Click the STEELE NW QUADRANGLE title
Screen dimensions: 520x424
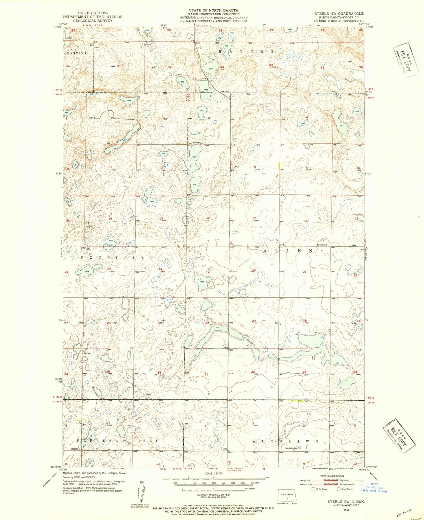[x=339, y=14]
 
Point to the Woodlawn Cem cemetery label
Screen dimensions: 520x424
[x=292, y=448]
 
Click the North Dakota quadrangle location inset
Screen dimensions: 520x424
[x=287, y=495]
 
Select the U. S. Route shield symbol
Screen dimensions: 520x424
[x=313, y=489]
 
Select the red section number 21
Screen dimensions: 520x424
[x=304, y=272]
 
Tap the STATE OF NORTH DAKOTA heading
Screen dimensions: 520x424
[x=213, y=10]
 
